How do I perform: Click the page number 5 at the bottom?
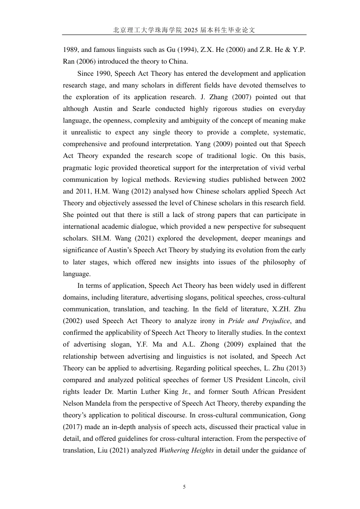184,487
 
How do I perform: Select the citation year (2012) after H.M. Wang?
142,191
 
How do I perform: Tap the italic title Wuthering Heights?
186,450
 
